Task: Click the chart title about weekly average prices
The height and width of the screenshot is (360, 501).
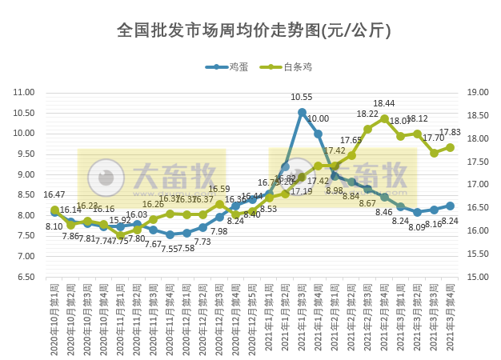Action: (254, 31)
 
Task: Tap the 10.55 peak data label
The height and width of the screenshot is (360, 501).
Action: (302, 98)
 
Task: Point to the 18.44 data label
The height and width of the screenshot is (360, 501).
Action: (384, 104)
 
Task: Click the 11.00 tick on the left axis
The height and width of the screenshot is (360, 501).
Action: (25, 93)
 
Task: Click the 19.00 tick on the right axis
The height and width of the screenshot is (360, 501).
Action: (477, 93)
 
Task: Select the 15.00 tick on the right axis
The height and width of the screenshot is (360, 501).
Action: (477, 277)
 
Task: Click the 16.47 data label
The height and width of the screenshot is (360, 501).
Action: (54, 194)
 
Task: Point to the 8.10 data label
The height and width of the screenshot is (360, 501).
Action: (54, 227)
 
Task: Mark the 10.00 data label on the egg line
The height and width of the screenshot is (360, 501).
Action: (318, 118)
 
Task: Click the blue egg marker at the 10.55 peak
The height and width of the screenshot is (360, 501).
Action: (302, 112)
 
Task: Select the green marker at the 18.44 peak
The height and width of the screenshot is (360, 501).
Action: (384, 118)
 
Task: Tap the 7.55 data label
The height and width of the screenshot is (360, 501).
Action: (170, 249)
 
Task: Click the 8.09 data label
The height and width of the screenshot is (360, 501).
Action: (417, 227)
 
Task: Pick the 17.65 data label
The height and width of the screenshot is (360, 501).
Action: (351, 141)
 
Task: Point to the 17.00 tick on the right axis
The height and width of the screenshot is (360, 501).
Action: (477, 185)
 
